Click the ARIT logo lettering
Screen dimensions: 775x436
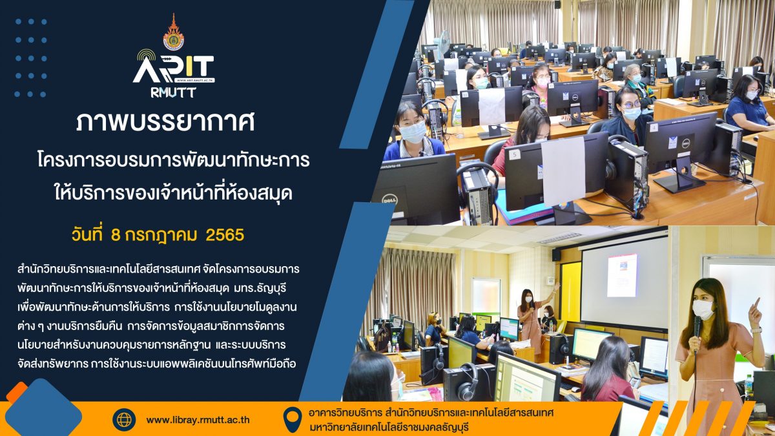tap(174, 69)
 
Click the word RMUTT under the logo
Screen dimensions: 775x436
tap(173, 92)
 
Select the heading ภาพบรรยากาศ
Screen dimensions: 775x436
tap(165, 122)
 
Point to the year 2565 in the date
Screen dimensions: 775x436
tap(225, 235)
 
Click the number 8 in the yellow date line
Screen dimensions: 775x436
tap(116, 235)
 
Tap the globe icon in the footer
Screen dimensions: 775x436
tap(124, 420)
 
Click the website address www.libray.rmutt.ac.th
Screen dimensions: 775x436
tap(198, 420)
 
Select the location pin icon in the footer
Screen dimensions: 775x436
tap(293, 419)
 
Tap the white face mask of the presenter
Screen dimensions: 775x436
tap(703, 309)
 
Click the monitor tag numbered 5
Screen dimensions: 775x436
tap(515, 154)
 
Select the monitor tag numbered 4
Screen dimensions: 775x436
tap(654, 128)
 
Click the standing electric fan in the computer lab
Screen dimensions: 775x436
tap(442, 45)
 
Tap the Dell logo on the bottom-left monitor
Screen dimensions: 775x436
tap(389, 200)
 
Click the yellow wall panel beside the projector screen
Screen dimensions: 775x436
tap(570, 291)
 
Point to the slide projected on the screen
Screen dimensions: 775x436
tap(622, 275)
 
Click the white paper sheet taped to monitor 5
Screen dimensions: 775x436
tap(563, 172)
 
